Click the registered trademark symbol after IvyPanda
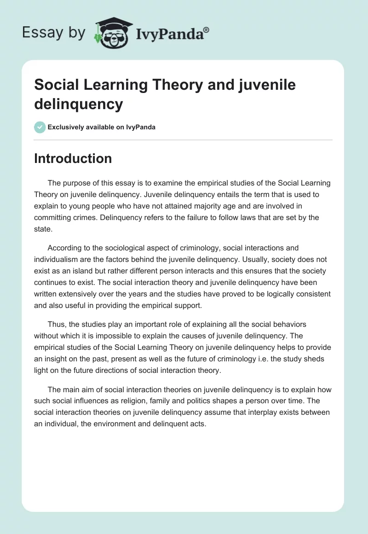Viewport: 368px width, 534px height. pos(207,30)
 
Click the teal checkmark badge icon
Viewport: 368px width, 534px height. pos(40,127)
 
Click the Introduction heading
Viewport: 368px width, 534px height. pos(73,158)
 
